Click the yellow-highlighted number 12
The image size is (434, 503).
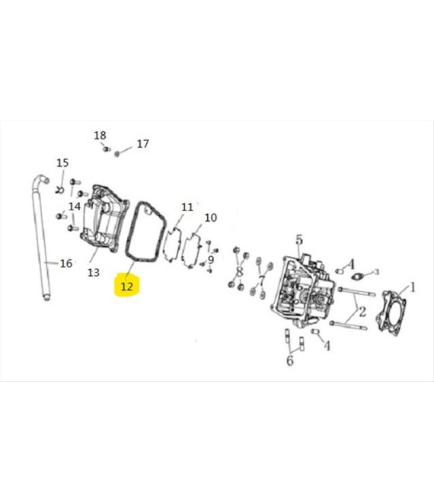click(126, 286)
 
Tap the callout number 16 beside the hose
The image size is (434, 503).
click(66, 264)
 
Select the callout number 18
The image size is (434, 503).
click(100, 136)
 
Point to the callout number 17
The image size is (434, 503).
click(142, 144)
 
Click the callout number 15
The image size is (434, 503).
click(62, 162)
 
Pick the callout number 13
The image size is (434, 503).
click(94, 273)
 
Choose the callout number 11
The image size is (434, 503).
click(187, 207)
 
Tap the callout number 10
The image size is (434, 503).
click(211, 217)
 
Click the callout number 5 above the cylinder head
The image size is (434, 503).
click(298, 239)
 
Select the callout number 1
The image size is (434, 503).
click(413, 287)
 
